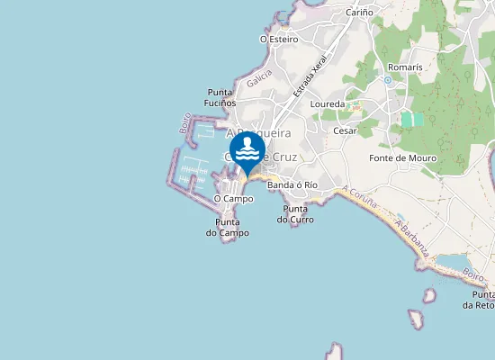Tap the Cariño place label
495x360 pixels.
click(x=360, y=13)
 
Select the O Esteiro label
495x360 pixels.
click(x=278, y=40)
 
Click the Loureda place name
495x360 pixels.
click(x=327, y=104)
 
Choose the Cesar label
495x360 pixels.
click(x=345, y=130)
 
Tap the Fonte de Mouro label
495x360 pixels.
click(x=403, y=158)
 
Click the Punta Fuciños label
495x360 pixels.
click(x=220, y=97)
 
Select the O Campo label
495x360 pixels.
click(x=233, y=198)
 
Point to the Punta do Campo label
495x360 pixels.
click(x=227, y=227)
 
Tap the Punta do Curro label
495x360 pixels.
click(x=295, y=214)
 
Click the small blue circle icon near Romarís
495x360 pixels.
click(x=387, y=79)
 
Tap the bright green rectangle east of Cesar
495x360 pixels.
click(x=412, y=119)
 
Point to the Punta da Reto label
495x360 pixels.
click(x=479, y=300)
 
